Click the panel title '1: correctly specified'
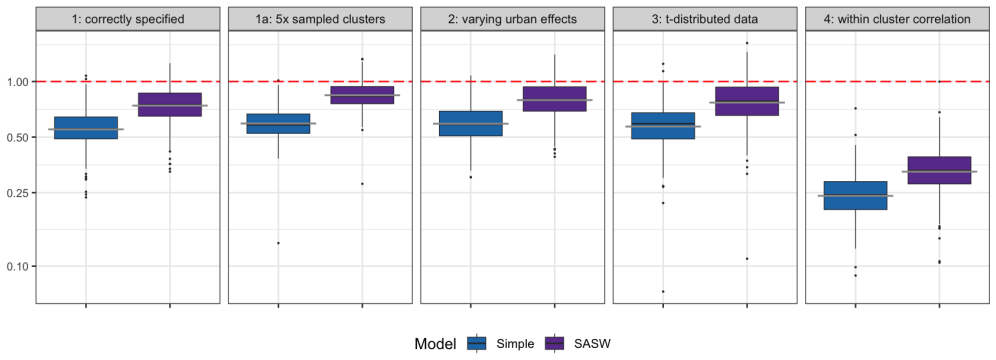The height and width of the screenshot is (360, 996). click(128, 19)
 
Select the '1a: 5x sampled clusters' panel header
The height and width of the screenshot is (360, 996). click(320, 19)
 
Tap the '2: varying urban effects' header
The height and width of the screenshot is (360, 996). click(513, 19)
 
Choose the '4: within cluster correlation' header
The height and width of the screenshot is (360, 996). click(897, 19)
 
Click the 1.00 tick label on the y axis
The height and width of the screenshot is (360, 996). click(18, 82)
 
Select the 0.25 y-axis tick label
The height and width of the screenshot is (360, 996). click(18, 192)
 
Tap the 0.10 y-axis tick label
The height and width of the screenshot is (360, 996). click(18, 265)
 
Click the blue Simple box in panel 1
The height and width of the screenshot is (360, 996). click(86, 128)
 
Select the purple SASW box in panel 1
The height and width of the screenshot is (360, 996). click(170, 105)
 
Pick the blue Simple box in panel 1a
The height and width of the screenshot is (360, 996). click(278, 123)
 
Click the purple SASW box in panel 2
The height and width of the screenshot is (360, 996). click(555, 99)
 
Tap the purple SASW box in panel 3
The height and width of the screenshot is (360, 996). click(747, 102)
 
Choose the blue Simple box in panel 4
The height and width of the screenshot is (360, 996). click(855, 195)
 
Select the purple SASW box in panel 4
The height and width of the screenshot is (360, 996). click(939, 170)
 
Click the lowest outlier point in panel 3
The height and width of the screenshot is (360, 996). click(663, 291)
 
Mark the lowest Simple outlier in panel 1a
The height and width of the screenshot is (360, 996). click(278, 243)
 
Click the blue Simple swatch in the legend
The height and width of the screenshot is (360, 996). click(476, 343)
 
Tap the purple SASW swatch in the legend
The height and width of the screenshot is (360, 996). click(554, 343)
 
